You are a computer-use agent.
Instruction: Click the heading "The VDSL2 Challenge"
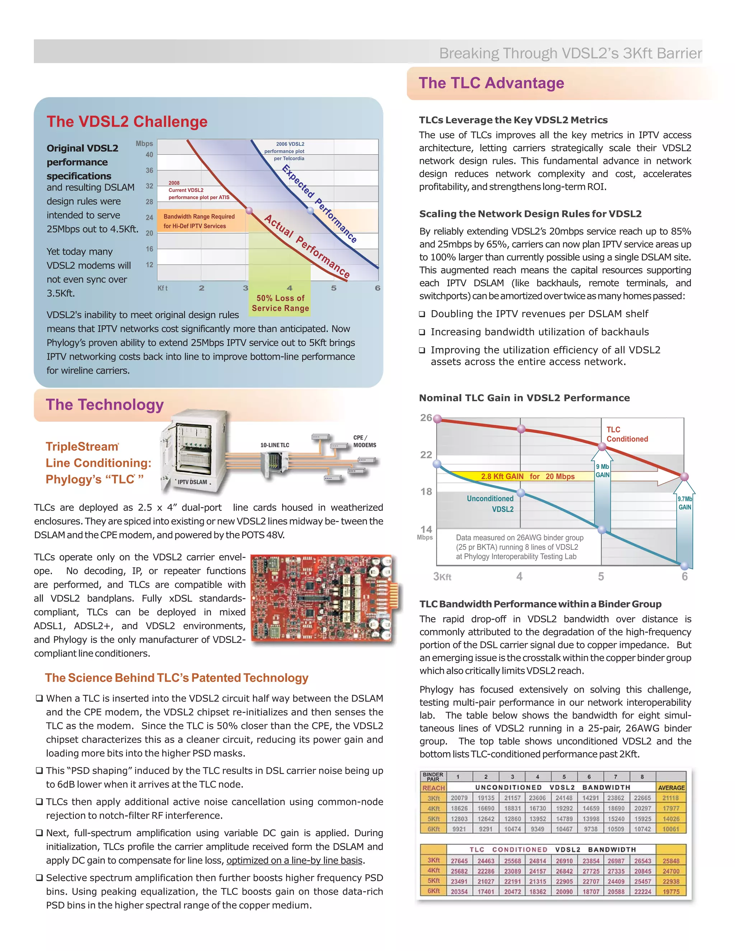click(x=127, y=122)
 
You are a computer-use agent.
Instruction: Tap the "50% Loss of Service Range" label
click(x=280, y=303)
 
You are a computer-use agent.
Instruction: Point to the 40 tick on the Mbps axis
click(x=149, y=155)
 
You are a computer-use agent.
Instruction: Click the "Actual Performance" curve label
click(x=307, y=246)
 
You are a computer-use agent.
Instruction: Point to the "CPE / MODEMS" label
click(x=365, y=441)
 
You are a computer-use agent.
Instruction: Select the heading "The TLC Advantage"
click(x=491, y=83)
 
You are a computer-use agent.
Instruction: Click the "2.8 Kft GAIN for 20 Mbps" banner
click(x=527, y=476)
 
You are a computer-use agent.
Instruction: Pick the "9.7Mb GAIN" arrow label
click(x=684, y=503)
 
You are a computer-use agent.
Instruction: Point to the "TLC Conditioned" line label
click(x=627, y=434)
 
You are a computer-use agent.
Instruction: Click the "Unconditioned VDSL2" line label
click(x=490, y=504)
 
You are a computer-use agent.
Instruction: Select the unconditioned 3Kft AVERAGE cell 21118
click(x=670, y=798)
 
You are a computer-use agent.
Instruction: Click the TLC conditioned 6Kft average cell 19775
click(x=670, y=891)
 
